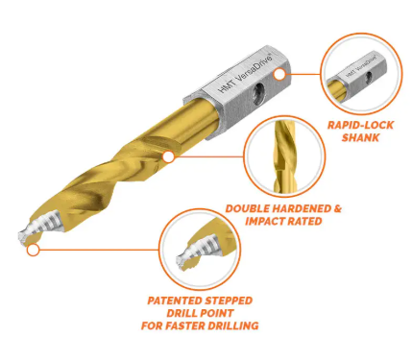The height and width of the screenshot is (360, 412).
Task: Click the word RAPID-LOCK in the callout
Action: [x=360, y=125]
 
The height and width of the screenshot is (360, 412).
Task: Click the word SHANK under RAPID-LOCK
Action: [x=360, y=137]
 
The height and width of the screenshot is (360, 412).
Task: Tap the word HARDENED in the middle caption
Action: [x=299, y=209]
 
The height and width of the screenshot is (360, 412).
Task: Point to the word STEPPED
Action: [x=229, y=300]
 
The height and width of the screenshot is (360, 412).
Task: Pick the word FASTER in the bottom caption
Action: [x=184, y=325]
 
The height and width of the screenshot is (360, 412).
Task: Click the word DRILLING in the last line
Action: [x=233, y=325]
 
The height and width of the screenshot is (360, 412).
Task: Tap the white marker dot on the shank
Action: [x=279, y=74]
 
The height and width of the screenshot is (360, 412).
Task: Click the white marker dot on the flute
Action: [x=168, y=157]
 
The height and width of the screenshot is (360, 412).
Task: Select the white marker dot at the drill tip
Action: [x=33, y=250]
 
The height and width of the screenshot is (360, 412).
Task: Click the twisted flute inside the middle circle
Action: [x=282, y=156]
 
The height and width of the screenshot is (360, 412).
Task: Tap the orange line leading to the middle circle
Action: [x=208, y=156]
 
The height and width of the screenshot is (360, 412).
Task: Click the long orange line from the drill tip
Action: [x=99, y=250]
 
